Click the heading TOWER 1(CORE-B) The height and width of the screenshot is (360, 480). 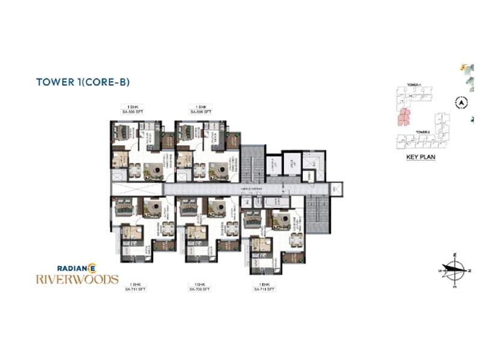pyautogui.click(x=83, y=82)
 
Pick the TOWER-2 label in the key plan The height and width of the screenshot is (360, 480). pyautogui.click(x=424, y=131)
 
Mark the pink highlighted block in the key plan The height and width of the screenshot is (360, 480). pyautogui.click(x=405, y=117)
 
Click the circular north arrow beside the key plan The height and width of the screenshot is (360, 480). pyautogui.click(x=461, y=103)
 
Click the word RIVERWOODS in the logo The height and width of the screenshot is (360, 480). pyautogui.click(x=77, y=279)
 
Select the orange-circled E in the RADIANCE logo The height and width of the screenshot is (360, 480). pyautogui.click(x=92, y=268)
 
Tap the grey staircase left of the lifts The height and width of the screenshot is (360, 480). pyautogui.click(x=253, y=162)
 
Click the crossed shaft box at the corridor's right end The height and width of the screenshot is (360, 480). pyautogui.click(x=336, y=188)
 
